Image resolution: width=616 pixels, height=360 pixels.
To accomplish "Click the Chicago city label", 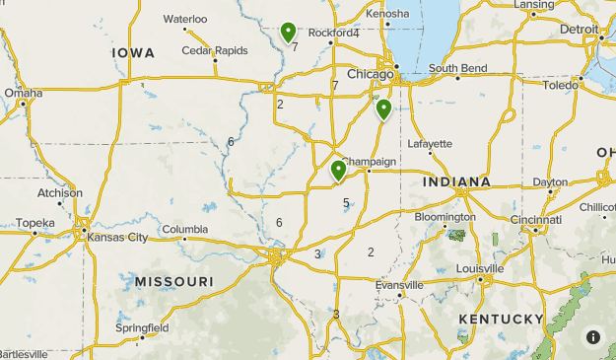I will [x=371, y=74].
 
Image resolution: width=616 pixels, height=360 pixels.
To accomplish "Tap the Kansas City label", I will [x=117, y=238].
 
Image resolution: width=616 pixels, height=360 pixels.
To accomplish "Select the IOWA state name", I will [x=133, y=52].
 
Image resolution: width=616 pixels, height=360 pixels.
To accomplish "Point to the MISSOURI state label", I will [x=174, y=282].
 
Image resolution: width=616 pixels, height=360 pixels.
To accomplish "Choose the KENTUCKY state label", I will [x=501, y=319].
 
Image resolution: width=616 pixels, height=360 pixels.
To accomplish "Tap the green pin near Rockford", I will [x=288, y=34].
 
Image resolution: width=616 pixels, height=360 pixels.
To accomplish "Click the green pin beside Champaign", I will [x=338, y=172].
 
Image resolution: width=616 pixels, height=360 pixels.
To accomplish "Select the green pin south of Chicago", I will [x=383, y=108].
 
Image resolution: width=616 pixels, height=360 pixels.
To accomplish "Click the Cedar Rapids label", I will [x=214, y=51].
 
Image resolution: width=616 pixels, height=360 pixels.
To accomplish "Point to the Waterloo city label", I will [x=185, y=19].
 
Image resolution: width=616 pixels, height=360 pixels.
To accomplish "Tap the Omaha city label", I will [x=24, y=93].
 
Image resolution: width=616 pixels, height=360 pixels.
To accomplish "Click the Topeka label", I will [x=34, y=223].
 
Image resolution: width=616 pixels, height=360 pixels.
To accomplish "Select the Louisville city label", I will [x=480, y=268].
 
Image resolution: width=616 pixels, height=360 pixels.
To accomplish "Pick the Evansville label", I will [x=399, y=285].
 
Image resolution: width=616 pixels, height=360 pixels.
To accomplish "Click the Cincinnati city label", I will [x=536, y=219].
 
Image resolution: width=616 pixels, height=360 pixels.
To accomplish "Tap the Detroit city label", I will [x=579, y=30].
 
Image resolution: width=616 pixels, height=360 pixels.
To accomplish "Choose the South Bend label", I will [x=457, y=68].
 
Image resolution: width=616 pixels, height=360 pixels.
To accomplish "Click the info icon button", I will [x=593, y=336].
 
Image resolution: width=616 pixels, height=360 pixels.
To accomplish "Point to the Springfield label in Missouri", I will [x=142, y=327].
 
